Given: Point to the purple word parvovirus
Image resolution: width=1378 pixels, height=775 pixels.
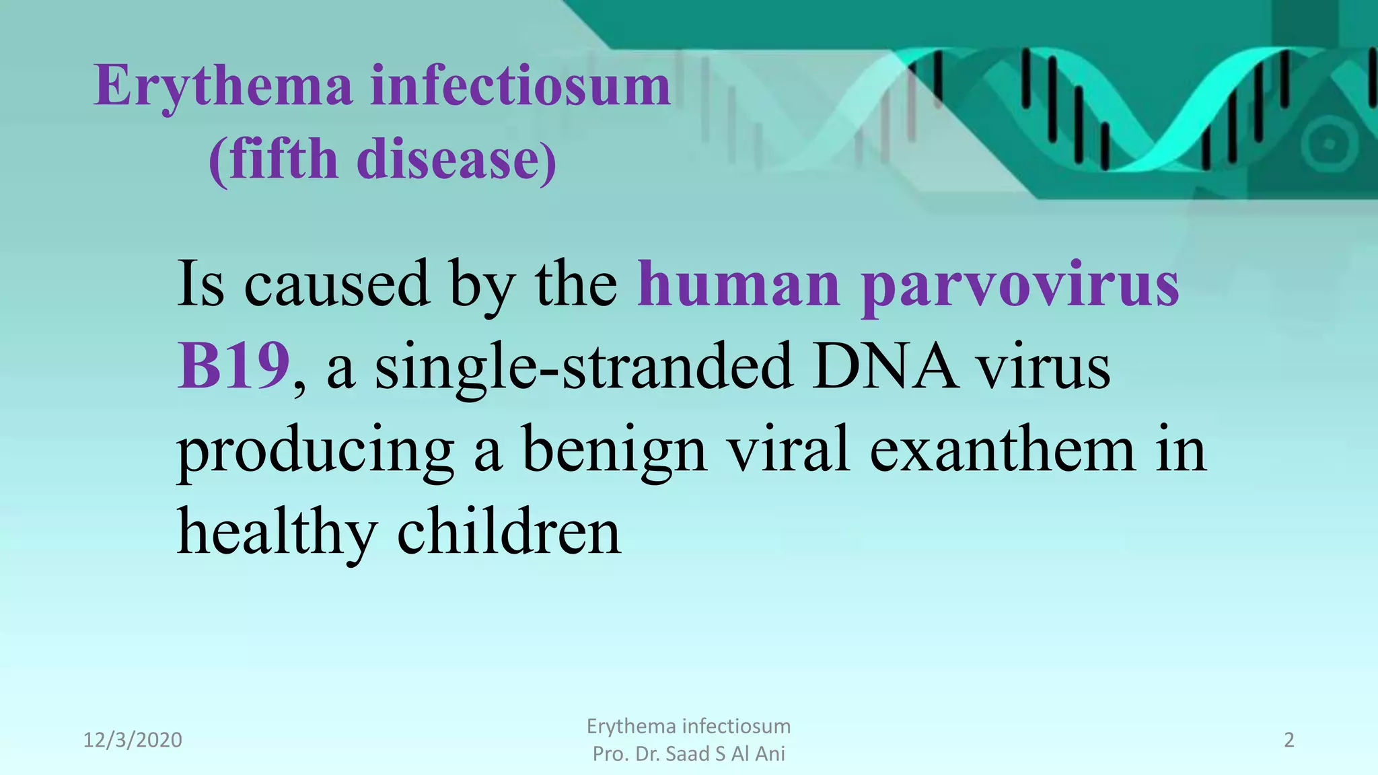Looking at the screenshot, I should (x=1020, y=285).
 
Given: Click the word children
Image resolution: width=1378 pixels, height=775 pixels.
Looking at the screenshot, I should (x=509, y=532).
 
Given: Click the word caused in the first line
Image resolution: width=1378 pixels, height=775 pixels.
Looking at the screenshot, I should (x=336, y=284).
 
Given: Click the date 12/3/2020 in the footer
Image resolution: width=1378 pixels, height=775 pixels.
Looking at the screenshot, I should (x=133, y=740).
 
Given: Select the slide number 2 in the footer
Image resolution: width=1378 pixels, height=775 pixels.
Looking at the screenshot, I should (x=1289, y=740).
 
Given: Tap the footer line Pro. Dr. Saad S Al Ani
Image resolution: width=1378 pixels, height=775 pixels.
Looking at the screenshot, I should (x=688, y=754).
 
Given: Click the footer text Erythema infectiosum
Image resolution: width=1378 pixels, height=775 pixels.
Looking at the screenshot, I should (x=688, y=727).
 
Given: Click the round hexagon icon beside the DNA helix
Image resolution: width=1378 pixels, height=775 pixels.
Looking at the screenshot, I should (x=1328, y=144).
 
